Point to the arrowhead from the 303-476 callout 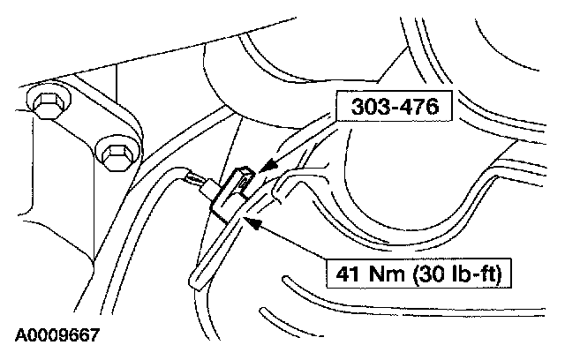click(267, 166)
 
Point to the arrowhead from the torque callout click(252, 224)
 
